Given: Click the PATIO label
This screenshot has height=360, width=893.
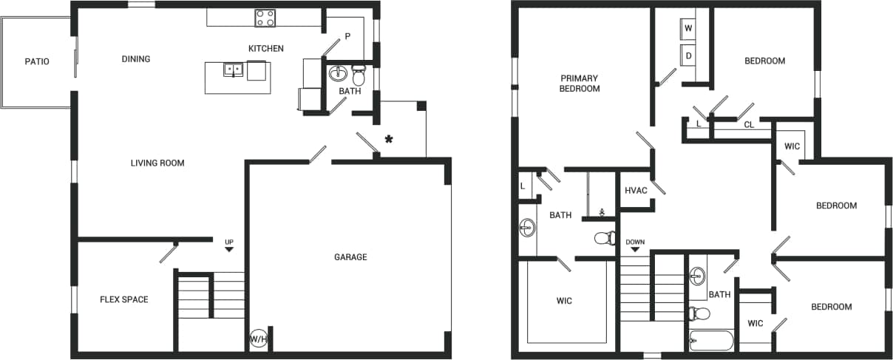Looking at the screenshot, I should [36, 61].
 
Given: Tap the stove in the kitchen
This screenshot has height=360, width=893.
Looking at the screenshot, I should [265, 18].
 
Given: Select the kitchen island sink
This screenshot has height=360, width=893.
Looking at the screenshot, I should [234, 70].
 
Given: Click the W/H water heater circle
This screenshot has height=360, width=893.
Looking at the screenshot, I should [258, 339].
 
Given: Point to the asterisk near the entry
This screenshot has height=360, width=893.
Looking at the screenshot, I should [387, 139].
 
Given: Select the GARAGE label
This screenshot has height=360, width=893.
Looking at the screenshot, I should [350, 257].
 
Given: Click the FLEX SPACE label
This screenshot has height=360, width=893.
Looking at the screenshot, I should [124, 299].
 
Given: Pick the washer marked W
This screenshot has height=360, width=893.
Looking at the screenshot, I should [689, 28].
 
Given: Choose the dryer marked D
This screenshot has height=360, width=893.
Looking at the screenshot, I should [689, 55].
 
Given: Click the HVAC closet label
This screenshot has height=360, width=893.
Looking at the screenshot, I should [636, 191].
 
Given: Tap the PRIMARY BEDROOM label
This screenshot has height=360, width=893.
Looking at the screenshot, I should [580, 83].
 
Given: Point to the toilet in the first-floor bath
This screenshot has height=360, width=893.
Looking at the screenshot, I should [359, 75].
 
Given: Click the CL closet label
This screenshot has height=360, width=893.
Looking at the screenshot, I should [749, 125].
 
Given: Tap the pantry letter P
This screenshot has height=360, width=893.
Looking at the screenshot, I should [347, 37].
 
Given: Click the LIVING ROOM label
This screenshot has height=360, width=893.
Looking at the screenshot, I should [157, 163].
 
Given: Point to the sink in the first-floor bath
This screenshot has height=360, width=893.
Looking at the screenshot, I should [339, 74].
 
